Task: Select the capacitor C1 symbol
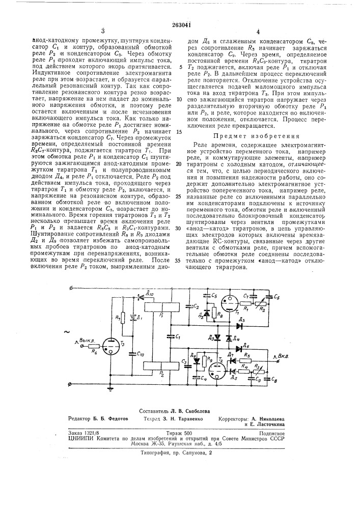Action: click(170, 337)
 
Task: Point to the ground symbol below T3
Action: click(109, 387)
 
